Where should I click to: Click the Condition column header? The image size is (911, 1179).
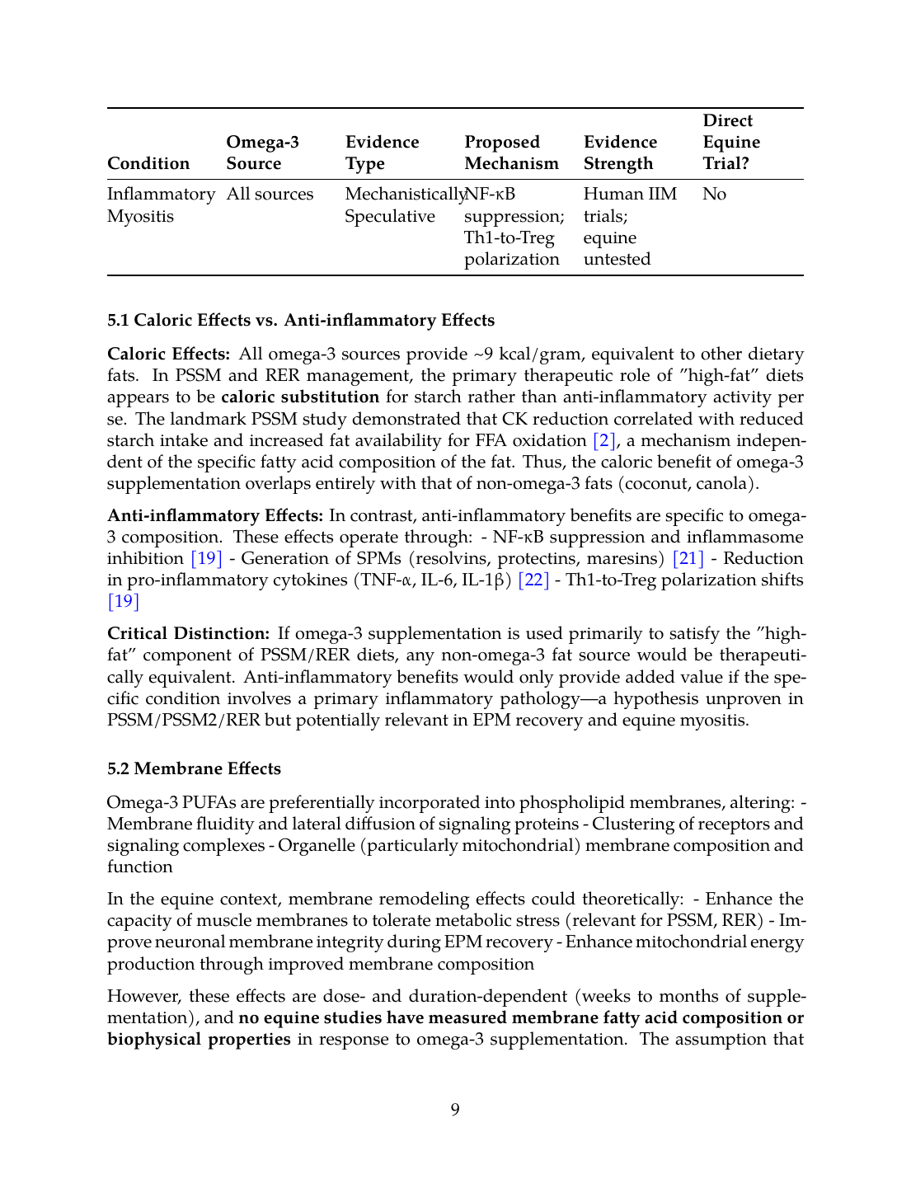point(148,163)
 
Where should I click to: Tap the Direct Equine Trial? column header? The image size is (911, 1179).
point(731,142)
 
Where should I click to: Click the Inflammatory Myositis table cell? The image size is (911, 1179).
point(161,204)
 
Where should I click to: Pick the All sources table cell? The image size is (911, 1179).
point(270,194)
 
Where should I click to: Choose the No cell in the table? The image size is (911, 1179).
point(714,194)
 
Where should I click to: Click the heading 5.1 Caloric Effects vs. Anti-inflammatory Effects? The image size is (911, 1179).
point(301,320)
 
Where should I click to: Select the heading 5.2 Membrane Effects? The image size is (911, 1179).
point(194,768)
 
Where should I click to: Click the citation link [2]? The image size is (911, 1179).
point(604,440)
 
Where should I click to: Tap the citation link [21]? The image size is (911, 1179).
point(688,558)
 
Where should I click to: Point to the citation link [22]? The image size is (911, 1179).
point(533,580)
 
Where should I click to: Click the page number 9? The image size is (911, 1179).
point(455,1109)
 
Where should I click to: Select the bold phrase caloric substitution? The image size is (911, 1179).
point(300,397)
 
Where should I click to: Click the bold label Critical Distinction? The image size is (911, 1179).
point(188,633)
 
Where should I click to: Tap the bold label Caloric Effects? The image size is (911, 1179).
point(168,354)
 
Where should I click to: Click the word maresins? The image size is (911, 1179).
point(626,558)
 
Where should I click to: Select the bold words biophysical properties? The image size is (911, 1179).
point(199,1039)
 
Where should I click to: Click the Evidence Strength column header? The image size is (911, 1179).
point(620,153)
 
